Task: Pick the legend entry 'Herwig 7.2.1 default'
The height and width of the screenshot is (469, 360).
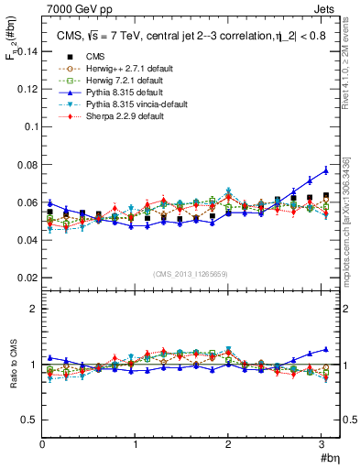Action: tap(109, 82)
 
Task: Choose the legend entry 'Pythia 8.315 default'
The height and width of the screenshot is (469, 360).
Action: tap(108, 93)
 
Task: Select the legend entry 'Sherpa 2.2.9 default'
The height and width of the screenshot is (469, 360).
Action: tap(109, 119)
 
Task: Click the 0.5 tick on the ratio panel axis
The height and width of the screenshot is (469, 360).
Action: tap(28, 420)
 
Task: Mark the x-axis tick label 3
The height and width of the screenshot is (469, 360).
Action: tap(321, 444)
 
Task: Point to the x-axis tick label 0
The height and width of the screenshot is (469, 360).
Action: tap(42, 444)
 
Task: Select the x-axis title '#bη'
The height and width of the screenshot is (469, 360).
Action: tap(329, 457)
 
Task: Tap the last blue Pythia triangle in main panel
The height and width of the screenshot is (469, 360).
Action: tap(326, 170)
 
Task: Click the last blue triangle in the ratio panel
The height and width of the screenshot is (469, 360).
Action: tap(326, 349)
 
